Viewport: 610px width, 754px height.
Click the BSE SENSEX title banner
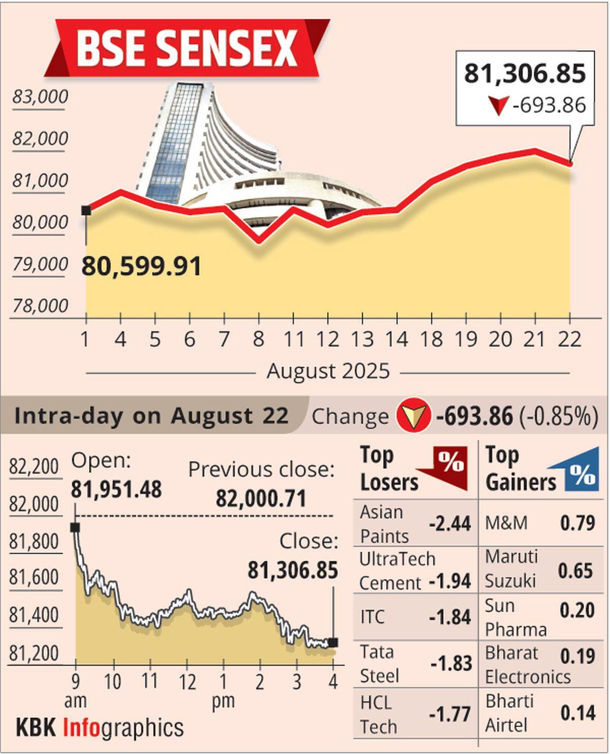pos(187,48)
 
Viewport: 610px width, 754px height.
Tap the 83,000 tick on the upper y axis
pos(40,97)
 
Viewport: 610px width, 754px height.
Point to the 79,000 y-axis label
pos(40,264)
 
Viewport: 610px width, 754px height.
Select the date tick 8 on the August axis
pos(259,339)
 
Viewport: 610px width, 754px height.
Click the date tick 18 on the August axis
pos(432,339)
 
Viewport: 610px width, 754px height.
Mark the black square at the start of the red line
pos(86,210)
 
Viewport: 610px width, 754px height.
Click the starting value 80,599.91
pos(141,266)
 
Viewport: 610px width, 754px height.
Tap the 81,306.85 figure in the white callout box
pos(525,74)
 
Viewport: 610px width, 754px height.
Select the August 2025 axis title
pos(328,371)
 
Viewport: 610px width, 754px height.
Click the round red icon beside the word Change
pos(413,416)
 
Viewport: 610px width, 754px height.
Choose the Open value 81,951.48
pos(116,489)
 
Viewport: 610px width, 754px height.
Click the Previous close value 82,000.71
pos(261,498)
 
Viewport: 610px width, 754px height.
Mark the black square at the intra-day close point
pos(333,643)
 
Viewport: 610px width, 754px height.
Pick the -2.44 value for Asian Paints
pos(450,523)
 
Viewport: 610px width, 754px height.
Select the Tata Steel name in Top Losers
pos(379,664)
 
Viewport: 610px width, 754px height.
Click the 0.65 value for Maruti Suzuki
pos(575,571)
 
